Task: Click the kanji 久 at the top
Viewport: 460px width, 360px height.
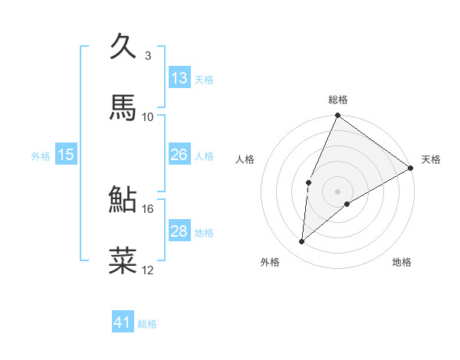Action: click(x=124, y=47)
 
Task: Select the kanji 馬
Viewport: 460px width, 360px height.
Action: click(x=124, y=107)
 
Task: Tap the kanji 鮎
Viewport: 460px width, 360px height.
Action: click(x=124, y=199)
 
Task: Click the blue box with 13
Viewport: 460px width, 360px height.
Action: click(x=179, y=78)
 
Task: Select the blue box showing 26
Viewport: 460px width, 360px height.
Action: click(x=179, y=155)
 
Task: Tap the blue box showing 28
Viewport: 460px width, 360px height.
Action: click(x=179, y=231)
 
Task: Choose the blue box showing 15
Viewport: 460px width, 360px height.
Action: click(x=66, y=155)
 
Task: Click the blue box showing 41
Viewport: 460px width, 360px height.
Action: click(x=123, y=322)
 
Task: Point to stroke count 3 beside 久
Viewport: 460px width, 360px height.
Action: click(x=147, y=56)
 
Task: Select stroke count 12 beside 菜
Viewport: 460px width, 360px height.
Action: click(x=148, y=270)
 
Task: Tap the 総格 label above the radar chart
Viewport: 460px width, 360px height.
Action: click(x=338, y=100)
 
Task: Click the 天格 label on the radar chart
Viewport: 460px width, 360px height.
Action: click(x=431, y=159)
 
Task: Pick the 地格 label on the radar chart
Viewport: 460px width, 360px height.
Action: click(x=402, y=262)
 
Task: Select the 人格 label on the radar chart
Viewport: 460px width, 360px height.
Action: click(x=245, y=159)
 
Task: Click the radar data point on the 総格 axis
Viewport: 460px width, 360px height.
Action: click(x=337, y=116)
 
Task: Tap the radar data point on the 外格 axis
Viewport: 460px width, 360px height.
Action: click(x=302, y=242)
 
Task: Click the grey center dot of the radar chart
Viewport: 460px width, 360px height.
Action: click(x=337, y=191)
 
